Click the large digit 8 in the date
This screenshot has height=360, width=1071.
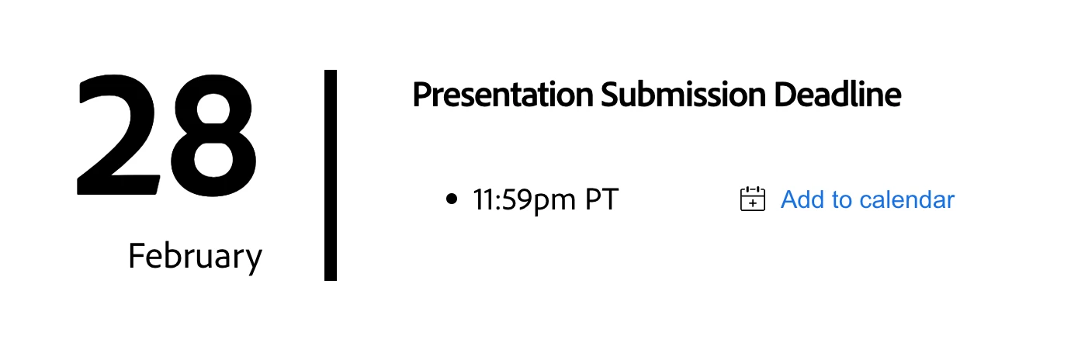(x=213, y=137)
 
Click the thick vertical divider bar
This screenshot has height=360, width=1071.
(x=331, y=175)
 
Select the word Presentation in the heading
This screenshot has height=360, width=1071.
(x=503, y=95)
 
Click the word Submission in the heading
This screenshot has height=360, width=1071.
(x=683, y=94)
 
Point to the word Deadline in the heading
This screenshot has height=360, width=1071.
(x=837, y=94)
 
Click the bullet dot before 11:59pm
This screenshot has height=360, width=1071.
(x=452, y=199)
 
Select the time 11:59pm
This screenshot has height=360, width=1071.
(x=524, y=200)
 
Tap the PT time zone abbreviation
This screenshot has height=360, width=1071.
(x=602, y=199)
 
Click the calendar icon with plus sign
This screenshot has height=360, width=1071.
(x=753, y=199)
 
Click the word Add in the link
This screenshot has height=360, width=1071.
(x=802, y=199)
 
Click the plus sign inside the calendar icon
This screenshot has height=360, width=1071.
(x=753, y=203)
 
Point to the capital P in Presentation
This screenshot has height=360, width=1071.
(x=422, y=95)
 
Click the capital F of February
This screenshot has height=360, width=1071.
(x=137, y=255)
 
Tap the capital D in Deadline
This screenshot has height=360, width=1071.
(x=786, y=95)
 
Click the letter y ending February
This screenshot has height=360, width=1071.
(x=254, y=261)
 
